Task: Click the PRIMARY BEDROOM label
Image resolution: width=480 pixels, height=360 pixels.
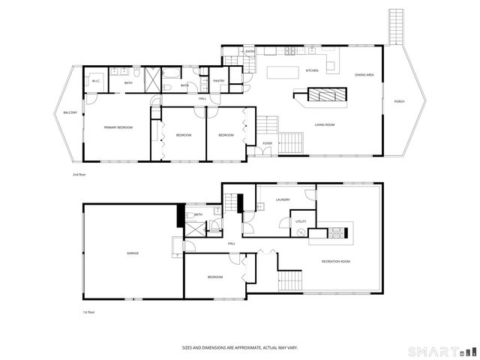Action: pyautogui.click(x=118, y=128)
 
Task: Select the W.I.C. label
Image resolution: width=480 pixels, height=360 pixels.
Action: pyautogui.click(x=96, y=79)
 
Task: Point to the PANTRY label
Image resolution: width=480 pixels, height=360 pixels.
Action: pyautogui.click(x=219, y=81)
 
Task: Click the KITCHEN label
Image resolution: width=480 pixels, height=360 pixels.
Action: pyautogui.click(x=312, y=70)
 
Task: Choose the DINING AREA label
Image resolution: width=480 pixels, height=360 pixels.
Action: pyautogui.click(x=365, y=75)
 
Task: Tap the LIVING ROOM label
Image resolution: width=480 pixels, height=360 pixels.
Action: pyautogui.click(x=324, y=124)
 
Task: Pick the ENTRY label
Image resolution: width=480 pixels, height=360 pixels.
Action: pyautogui.click(x=250, y=52)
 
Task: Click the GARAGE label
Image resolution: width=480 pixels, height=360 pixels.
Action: pyautogui.click(x=133, y=253)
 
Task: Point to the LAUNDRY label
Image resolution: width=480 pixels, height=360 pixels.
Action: pyautogui.click(x=283, y=199)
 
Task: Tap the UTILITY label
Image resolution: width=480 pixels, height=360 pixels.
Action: pyautogui.click(x=301, y=222)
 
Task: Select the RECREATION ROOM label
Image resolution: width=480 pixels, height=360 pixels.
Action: pyautogui.click(x=336, y=261)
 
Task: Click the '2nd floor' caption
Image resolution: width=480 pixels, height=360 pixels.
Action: pyautogui.click(x=79, y=174)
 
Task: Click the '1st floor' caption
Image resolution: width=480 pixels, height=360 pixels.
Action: pyautogui.click(x=88, y=312)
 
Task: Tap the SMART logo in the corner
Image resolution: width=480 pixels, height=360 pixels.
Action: pyautogui.click(x=441, y=351)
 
